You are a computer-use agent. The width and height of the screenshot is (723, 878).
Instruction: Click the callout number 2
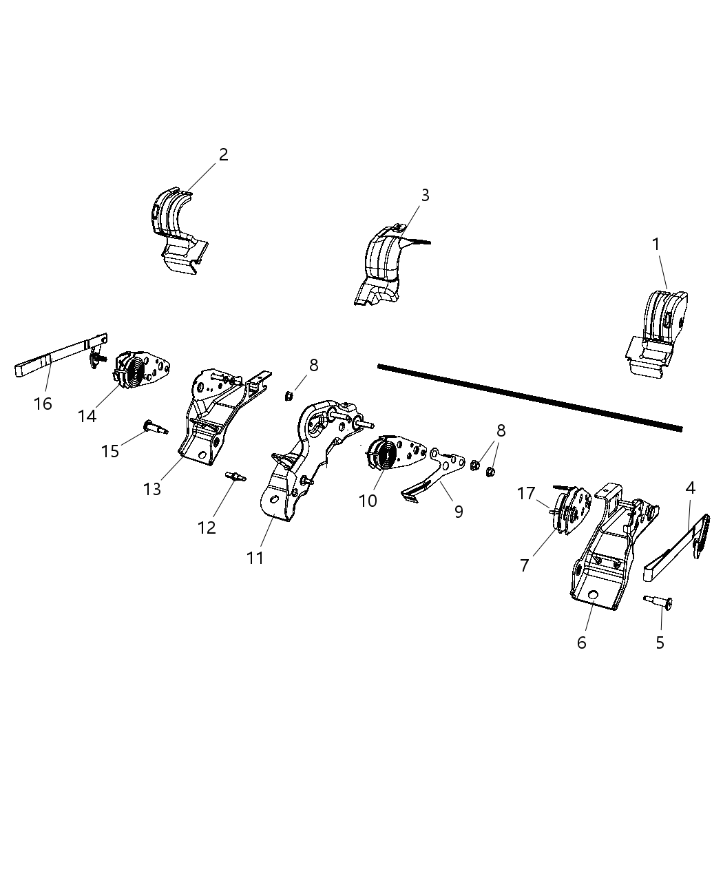222,155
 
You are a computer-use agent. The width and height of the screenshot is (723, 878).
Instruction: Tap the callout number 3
425,196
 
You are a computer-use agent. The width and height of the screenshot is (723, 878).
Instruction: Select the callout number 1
656,244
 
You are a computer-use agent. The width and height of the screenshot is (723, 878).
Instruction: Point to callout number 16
43,404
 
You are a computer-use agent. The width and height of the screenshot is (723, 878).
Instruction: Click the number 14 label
87,417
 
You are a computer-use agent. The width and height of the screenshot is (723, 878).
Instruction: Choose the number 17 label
527,494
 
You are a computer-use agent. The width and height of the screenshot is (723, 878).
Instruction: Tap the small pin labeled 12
235,476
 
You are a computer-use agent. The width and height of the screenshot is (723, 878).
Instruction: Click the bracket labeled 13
207,420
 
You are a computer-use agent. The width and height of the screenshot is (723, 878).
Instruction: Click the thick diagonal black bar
530,397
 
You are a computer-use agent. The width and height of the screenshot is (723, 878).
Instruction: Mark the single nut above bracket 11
290,395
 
